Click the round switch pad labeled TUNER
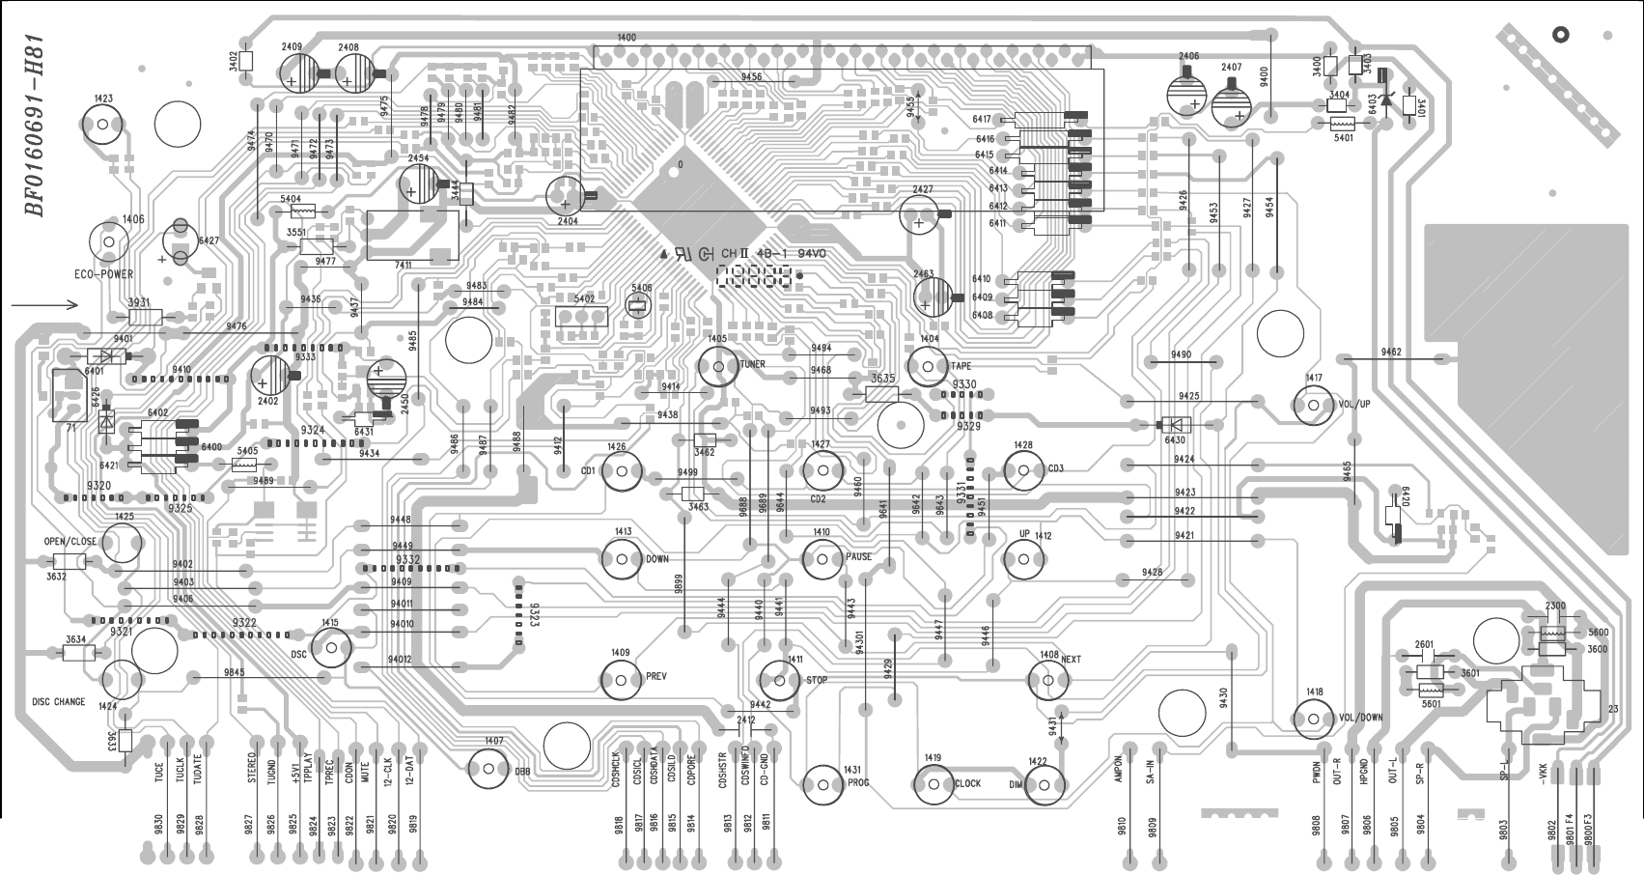point(717,366)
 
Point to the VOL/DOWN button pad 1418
point(1313,718)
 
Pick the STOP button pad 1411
point(780,679)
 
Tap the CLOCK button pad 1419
point(933,784)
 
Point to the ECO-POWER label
point(104,274)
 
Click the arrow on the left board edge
point(44,304)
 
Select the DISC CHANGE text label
point(58,702)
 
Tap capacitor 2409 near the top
point(301,71)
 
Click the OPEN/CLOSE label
point(70,541)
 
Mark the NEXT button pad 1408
point(1047,680)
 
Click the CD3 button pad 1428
point(1023,470)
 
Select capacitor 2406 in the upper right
point(1187,93)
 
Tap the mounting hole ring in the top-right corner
point(1560,35)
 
